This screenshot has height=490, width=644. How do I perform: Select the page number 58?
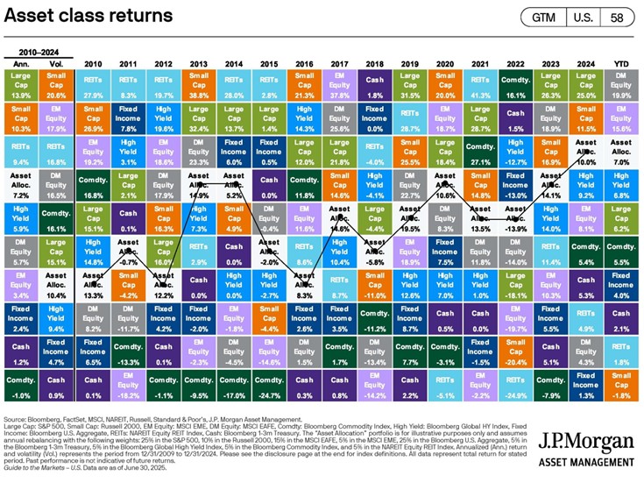(617, 18)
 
